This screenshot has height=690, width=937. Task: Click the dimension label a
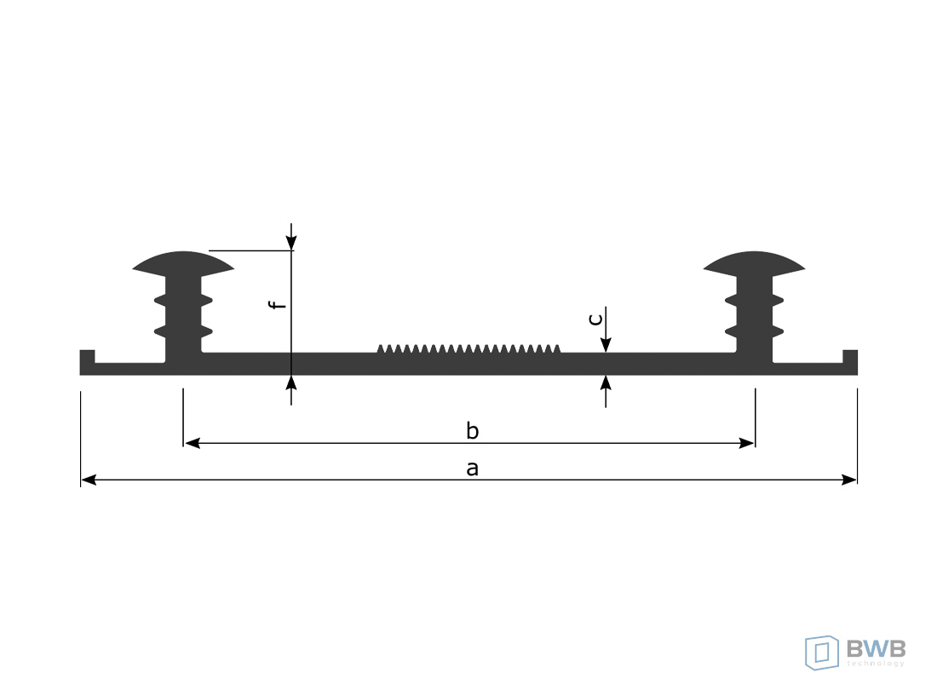[x=473, y=468]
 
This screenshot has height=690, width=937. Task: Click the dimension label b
[x=472, y=431]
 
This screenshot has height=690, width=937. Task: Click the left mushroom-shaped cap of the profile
[x=183, y=262]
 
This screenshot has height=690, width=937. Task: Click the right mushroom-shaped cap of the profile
[x=755, y=262]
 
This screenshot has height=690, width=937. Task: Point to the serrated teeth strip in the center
[x=468, y=348]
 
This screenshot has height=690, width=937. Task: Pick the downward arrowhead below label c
[x=606, y=344]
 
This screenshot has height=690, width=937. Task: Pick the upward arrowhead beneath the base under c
[x=606, y=382]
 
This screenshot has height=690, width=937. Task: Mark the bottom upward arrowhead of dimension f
[x=291, y=382]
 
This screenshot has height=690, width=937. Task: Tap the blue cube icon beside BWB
[x=822, y=652]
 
